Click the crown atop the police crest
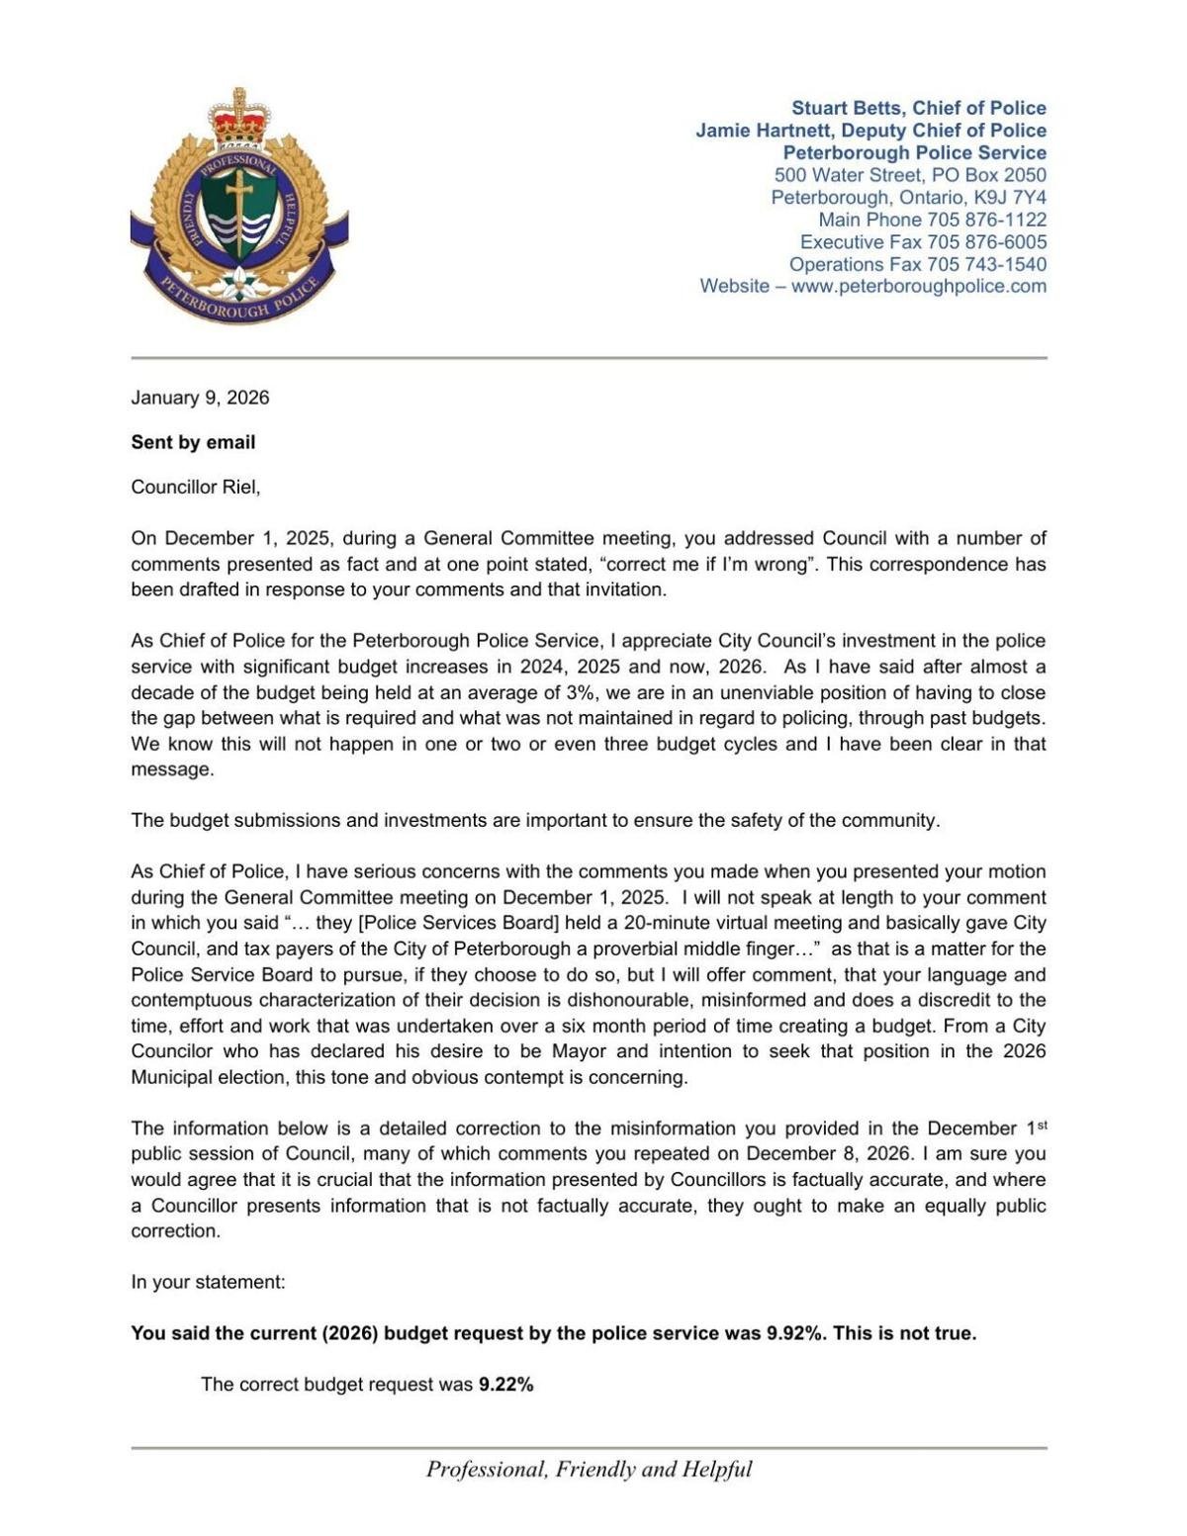(239, 117)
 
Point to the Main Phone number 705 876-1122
(986, 220)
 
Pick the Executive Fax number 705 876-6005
(986, 241)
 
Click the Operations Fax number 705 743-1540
(986, 264)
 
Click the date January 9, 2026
(200, 398)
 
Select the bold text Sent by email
(193, 442)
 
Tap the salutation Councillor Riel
(195, 487)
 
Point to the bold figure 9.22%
(505, 1384)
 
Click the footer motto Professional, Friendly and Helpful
(589, 1469)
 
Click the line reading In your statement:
(208, 1282)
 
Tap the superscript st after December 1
(1041, 1124)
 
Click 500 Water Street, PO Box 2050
(910, 175)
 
